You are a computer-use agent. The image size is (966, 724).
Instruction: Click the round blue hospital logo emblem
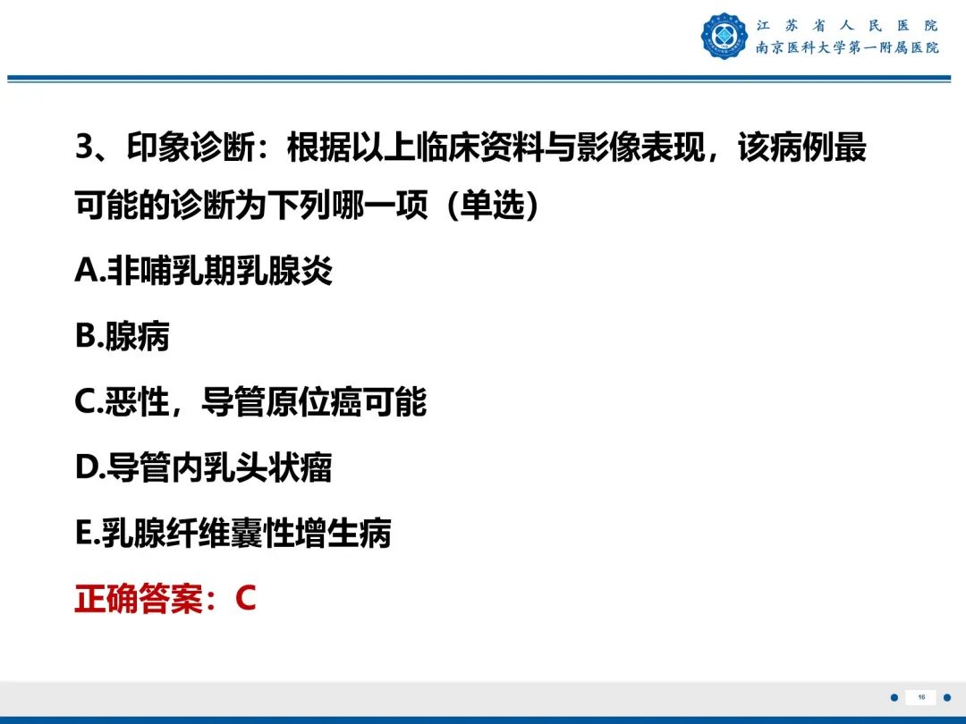coord(724,36)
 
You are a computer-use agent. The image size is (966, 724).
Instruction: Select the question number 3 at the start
coord(84,147)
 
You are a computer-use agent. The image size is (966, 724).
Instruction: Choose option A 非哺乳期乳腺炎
coord(204,270)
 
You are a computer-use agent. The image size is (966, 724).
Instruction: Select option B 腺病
coord(123,336)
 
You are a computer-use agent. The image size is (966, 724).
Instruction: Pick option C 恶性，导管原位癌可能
coord(250,402)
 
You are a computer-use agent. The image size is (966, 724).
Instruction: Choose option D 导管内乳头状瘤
coord(204,467)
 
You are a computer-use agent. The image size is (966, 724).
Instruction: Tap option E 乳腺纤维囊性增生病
coord(233,534)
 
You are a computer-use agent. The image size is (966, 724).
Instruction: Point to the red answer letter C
coord(246,599)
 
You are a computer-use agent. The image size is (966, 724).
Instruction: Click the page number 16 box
coord(920,697)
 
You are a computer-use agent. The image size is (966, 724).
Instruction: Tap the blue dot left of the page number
coord(894,697)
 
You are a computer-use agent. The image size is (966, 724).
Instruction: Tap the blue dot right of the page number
coord(947,697)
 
